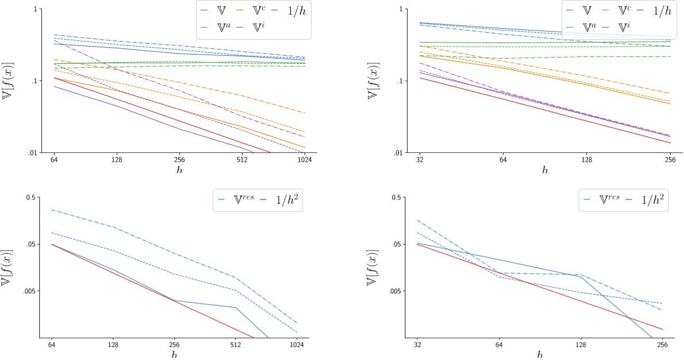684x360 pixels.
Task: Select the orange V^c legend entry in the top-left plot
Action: click(x=253, y=11)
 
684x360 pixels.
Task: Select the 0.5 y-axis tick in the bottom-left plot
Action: click(x=32, y=197)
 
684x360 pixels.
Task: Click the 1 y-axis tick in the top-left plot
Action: click(x=36, y=10)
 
